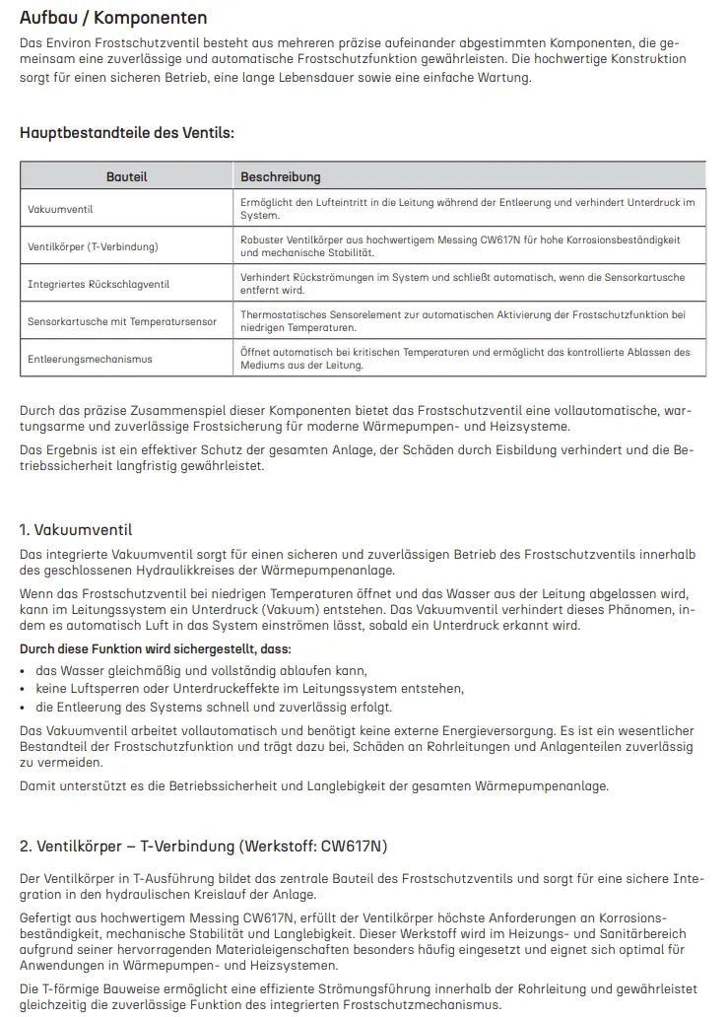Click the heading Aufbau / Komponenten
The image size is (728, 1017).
coord(113,18)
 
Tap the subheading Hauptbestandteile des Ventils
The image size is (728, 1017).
coord(127,133)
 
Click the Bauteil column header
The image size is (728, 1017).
coord(127,176)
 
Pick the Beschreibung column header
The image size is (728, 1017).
coord(281,176)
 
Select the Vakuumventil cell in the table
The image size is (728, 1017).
coord(61,209)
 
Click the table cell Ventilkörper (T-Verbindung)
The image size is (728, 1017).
coord(93,246)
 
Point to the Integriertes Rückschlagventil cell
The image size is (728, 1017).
coord(99,284)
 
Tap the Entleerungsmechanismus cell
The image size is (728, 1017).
coord(90,359)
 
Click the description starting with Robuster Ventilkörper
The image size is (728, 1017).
coord(460,245)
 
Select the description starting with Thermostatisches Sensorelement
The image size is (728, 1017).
coord(462,320)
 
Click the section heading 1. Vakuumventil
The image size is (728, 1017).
coord(76,530)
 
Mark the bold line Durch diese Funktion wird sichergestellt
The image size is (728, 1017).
coord(156,649)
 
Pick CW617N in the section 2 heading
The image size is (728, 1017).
coord(355,846)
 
